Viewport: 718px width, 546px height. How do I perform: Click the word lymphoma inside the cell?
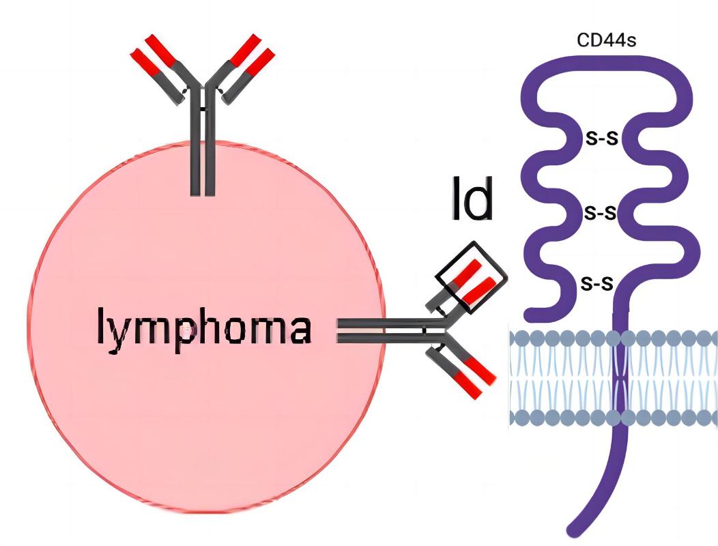(204, 328)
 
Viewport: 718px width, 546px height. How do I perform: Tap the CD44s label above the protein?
(607, 40)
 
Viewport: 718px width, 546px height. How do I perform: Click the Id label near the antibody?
(472, 200)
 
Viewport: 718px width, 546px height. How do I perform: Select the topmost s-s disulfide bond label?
(601, 139)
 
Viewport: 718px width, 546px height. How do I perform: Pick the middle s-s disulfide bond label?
(601, 212)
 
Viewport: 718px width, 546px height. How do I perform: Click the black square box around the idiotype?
(472, 276)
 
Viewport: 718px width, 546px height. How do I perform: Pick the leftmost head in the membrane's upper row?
(518, 337)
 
